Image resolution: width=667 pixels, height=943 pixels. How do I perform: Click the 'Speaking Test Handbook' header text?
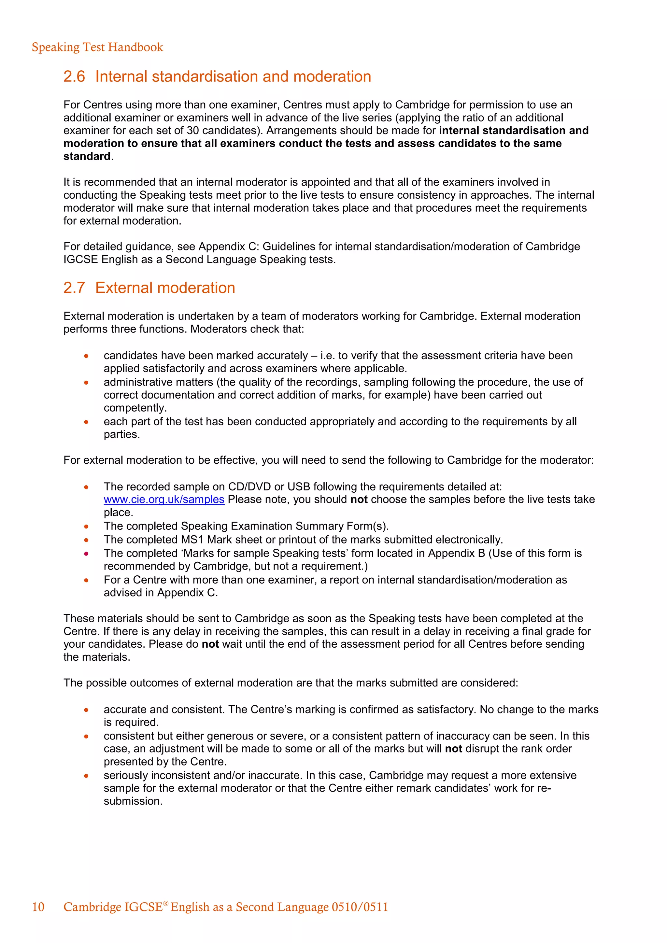[x=97, y=47]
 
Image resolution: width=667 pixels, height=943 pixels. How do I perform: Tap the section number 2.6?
[x=74, y=77]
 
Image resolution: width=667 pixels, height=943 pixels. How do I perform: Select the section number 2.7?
[x=74, y=288]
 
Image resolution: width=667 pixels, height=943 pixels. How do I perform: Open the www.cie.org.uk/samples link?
[x=164, y=500]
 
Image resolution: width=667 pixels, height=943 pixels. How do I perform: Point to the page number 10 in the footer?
[x=38, y=907]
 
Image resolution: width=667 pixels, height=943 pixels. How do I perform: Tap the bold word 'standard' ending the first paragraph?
[x=87, y=157]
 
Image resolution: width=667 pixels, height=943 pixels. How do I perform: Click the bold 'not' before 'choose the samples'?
[x=359, y=500]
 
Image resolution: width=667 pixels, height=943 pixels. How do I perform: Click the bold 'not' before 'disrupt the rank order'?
[x=453, y=749]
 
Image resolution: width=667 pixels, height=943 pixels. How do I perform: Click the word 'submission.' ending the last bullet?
[x=133, y=801]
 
